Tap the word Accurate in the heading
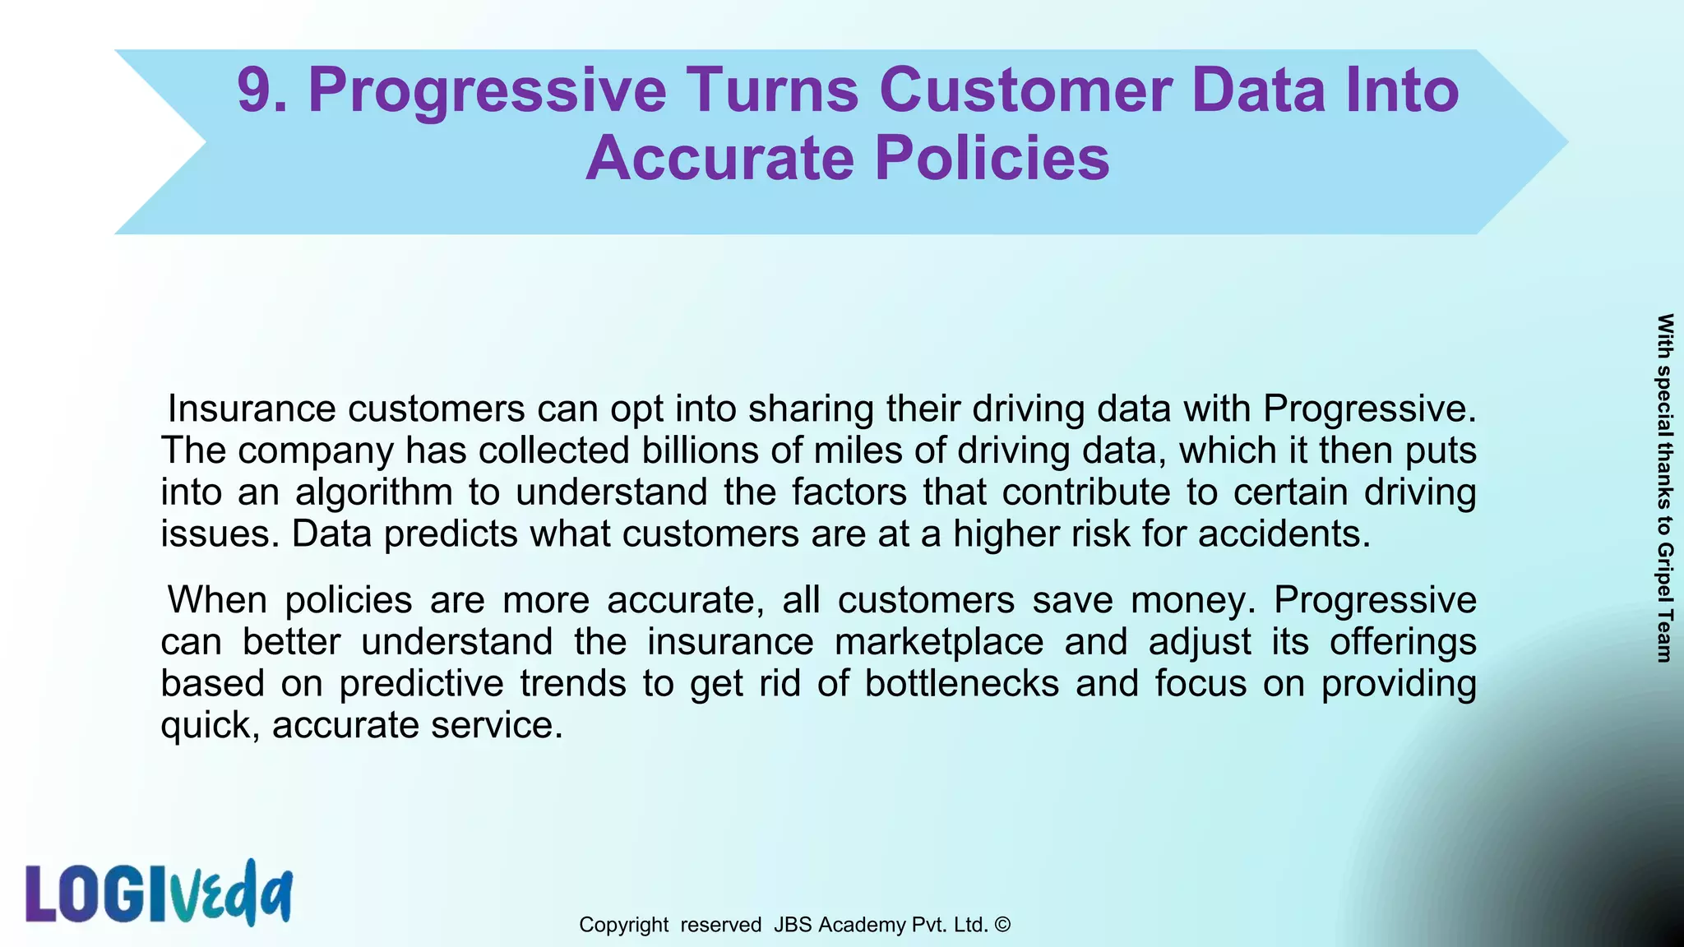coord(719,158)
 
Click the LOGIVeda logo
coord(159,894)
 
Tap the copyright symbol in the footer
coord(1002,925)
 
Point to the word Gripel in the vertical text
coord(1664,571)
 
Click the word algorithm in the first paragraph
coord(374,492)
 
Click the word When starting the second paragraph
coord(217,600)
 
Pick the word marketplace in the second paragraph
coord(939,642)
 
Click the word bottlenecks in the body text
coord(962,684)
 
